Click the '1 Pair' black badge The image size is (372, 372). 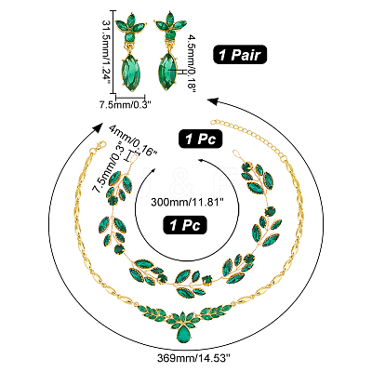click(240, 55)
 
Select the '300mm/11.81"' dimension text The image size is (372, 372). click(187, 203)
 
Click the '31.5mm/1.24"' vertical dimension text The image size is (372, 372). click(107, 52)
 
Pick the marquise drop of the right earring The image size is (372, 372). click(167, 72)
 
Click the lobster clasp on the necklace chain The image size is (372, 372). click(98, 147)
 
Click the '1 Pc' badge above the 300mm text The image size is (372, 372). click(201, 139)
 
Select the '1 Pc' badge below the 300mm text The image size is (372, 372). click(185, 225)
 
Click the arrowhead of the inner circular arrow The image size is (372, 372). click(203, 160)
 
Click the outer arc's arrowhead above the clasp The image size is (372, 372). click(99, 127)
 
